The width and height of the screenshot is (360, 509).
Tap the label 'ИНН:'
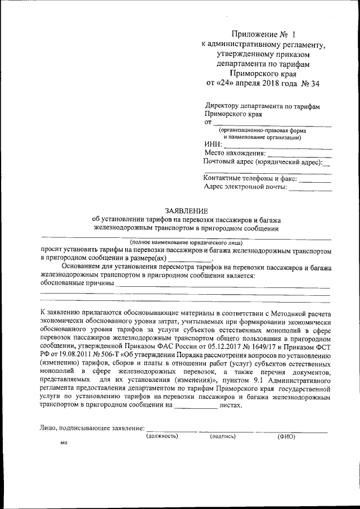(x=213, y=145)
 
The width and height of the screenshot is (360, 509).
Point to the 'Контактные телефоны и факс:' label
(x=249, y=178)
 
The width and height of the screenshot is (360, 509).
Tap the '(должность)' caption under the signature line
(x=162, y=436)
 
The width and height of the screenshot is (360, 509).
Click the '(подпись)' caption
(x=223, y=436)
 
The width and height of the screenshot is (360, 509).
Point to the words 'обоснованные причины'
(x=77, y=283)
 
